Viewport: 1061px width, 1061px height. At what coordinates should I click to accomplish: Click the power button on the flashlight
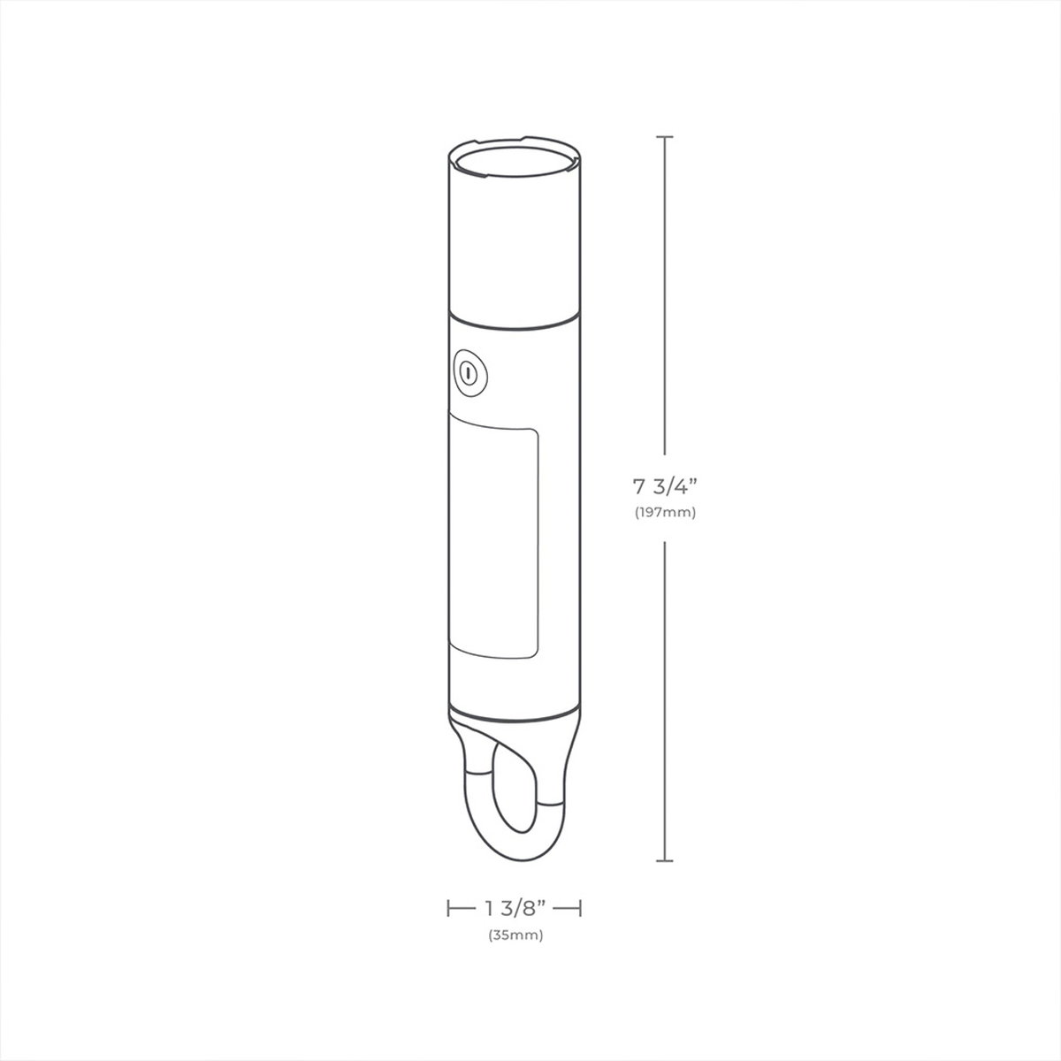[469, 372]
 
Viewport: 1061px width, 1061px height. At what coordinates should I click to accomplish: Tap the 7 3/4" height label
[665, 487]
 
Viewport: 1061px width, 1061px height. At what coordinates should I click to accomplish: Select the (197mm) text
[665, 513]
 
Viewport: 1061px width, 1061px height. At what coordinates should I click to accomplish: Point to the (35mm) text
[515, 935]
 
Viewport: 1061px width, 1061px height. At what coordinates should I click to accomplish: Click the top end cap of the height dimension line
[665, 136]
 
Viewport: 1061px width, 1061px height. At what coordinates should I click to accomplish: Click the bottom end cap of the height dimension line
[665, 860]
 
